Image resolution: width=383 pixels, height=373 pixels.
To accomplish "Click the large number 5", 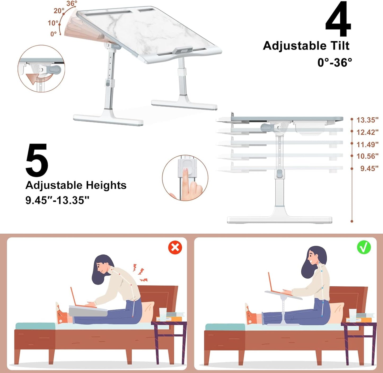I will [x=37, y=161].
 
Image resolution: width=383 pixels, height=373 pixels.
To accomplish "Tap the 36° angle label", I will [x=72, y=4].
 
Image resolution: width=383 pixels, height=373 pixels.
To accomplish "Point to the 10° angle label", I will [x=53, y=23].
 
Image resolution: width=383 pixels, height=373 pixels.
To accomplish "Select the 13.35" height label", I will [x=367, y=120].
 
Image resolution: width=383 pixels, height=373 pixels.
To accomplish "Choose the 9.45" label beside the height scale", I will [x=369, y=168].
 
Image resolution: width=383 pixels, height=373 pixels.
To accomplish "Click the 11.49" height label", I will [x=367, y=145].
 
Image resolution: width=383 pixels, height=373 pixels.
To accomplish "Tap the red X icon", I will [x=175, y=248].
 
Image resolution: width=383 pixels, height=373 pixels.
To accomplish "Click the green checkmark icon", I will [x=364, y=247].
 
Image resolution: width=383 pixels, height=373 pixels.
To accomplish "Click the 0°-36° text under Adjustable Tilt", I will [x=334, y=63].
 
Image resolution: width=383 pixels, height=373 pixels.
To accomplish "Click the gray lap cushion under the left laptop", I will [x=87, y=311].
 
